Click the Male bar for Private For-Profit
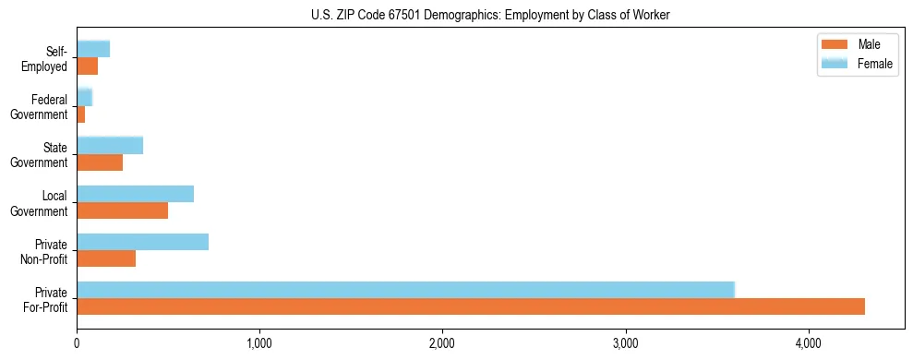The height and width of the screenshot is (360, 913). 471,306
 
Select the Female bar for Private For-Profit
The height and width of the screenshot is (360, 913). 405,290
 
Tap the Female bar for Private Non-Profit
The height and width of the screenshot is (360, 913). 142,242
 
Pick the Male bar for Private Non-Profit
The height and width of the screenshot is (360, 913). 106,258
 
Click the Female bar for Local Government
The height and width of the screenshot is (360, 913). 135,194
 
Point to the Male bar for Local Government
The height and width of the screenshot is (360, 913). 122,210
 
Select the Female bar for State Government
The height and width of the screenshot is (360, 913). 110,145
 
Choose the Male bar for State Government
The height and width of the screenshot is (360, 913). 100,162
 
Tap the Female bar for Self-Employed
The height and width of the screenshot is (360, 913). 93,49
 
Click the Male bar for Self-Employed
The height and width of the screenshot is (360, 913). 88,66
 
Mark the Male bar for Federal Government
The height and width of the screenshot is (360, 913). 81,114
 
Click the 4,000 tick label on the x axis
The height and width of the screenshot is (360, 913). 809,343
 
